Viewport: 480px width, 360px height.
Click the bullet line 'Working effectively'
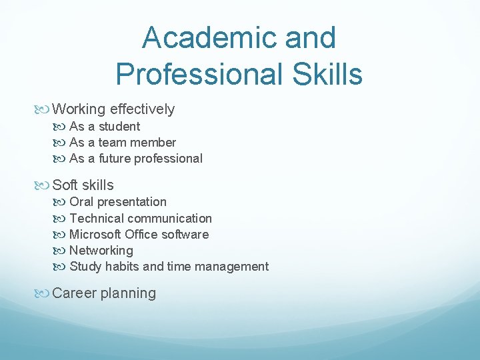tap(113, 109)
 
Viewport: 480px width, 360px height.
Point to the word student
tap(119, 127)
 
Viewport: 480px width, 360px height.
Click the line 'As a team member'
tap(123, 143)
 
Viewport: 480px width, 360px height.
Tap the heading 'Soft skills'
tap(83, 185)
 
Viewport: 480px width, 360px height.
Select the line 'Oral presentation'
tap(118, 202)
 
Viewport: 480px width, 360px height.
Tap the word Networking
tap(101, 251)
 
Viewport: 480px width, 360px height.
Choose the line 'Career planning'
tap(104, 293)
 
